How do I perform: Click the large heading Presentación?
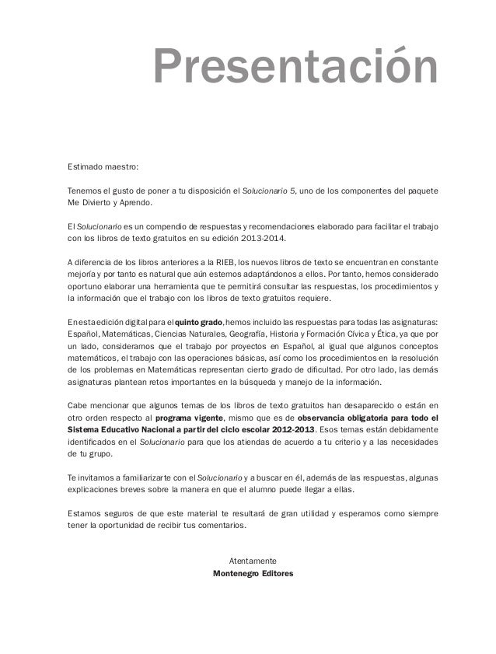(x=295, y=67)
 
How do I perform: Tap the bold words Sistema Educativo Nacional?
(x=123, y=430)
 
